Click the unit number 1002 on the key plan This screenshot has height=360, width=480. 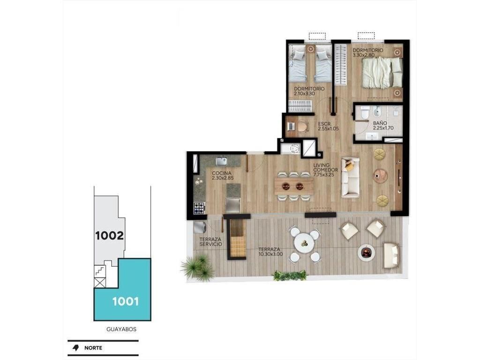[110, 235]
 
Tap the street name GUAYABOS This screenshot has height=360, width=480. [121, 330]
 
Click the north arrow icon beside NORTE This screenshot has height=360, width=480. [75, 348]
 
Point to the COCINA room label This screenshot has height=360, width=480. [222, 173]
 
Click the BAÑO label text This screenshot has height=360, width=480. [380, 123]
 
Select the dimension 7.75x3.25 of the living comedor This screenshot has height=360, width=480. [323, 175]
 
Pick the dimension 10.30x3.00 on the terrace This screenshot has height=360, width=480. [270, 254]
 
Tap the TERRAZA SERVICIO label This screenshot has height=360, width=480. [210, 242]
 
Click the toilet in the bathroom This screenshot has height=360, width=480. [365, 112]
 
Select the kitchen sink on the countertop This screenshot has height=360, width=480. [221, 161]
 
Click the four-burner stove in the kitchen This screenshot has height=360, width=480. [199, 208]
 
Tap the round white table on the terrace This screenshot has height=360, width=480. [304, 244]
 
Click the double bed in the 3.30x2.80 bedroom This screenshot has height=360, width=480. [382, 73]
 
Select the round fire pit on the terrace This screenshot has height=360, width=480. [366, 252]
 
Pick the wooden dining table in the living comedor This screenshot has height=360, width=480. [293, 186]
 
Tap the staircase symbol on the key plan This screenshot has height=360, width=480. [100, 271]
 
